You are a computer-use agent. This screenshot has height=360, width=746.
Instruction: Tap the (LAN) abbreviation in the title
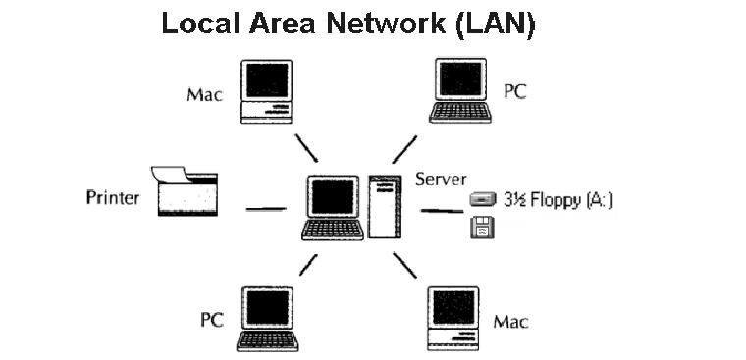click(496, 25)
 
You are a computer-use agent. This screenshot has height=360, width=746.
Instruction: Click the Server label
click(441, 179)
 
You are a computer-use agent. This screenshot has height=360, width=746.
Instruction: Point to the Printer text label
click(112, 198)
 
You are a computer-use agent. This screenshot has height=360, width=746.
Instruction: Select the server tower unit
click(385, 206)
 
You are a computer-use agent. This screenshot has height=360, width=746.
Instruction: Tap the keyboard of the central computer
click(333, 231)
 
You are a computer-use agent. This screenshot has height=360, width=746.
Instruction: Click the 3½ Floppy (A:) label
click(558, 200)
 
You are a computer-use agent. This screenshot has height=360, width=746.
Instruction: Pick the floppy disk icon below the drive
click(482, 229)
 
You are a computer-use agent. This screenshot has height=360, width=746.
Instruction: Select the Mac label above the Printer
click(204, 95)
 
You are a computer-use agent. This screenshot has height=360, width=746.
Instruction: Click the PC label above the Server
click(515, 91)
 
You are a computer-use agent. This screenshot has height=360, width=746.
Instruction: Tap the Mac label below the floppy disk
click(511, 321)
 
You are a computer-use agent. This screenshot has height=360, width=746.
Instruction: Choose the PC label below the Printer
click(213, 320)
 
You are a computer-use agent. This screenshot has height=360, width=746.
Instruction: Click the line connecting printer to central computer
click(265, 208)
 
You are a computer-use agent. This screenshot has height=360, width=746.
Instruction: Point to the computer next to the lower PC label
click(267, 316)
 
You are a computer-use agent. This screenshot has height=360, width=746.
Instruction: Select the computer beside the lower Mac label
click(453, 316)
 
